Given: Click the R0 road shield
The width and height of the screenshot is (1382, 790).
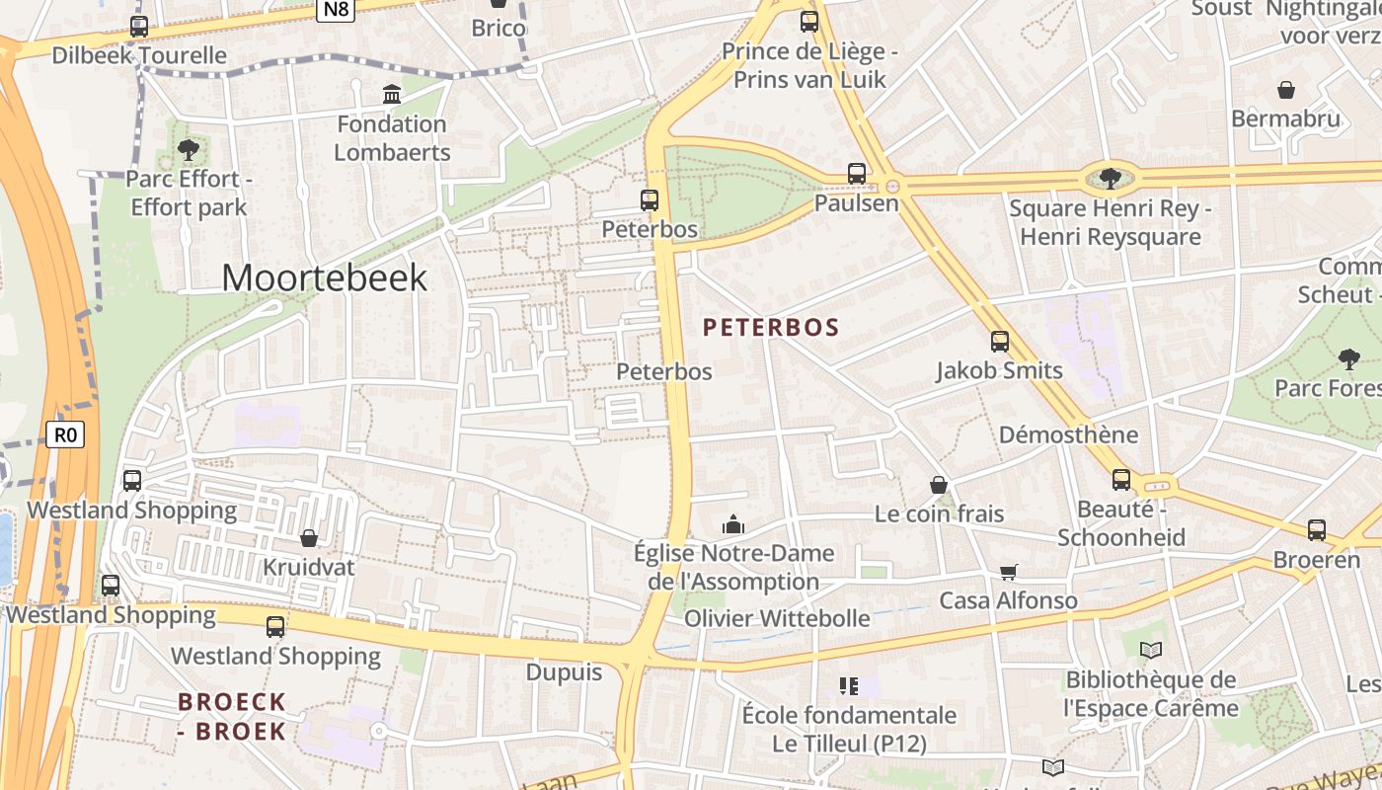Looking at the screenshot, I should [65, 434].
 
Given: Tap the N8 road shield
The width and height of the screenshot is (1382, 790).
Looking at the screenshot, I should [336, 9].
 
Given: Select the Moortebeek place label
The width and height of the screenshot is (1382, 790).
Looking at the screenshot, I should [324, 277].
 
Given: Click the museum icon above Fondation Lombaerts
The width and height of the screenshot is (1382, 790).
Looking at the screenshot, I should [392, 95].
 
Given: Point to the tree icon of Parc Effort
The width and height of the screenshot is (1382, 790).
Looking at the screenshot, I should [188, 150].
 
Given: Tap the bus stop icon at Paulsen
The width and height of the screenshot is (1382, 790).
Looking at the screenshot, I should [857, 174].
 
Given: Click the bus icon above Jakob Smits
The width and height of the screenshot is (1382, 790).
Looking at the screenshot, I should [1000, 342].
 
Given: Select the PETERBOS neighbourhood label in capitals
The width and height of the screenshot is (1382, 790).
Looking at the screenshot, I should [771, 327].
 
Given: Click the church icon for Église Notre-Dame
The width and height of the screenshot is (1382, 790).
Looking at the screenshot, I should [732, 523].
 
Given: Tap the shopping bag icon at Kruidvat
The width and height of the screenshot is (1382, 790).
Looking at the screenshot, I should [309, 538].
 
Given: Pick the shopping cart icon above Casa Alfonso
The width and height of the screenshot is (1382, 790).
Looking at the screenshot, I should [1008, 572].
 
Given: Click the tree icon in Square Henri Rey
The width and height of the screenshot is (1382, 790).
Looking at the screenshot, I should [1111, 178].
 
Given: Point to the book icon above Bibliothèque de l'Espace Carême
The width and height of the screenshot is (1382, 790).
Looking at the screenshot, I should [1151, 650].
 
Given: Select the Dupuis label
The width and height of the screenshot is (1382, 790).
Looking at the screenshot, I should [564, 672].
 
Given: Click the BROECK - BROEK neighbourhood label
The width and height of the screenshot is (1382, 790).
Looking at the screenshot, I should [232, 717].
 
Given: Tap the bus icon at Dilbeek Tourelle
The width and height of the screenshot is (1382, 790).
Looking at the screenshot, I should [139, 27].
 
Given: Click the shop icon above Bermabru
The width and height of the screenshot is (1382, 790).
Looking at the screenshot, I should [1286, 90].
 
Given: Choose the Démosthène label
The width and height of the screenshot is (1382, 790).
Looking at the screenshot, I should [1068, 434].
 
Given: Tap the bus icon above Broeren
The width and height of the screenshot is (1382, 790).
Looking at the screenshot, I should [1317, 530].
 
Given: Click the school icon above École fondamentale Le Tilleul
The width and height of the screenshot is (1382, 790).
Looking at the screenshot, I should [849, 684].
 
